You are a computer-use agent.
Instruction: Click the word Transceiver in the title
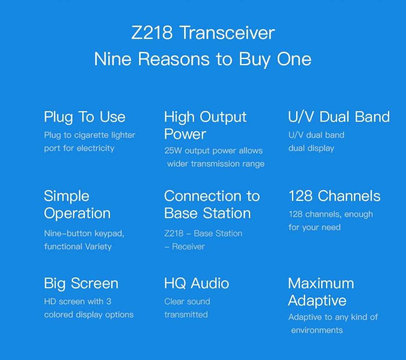[227, 33]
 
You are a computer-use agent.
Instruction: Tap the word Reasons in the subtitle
[174, 59]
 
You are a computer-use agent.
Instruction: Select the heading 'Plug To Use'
[84, 117]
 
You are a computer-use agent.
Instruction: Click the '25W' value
[173, 150]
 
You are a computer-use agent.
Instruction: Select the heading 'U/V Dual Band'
[339, 117]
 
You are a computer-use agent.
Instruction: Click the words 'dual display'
[311, 148]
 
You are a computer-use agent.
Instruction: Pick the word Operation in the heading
[78, 214]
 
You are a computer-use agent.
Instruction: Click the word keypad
[109, 234]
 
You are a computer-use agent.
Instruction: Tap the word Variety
[98, 247]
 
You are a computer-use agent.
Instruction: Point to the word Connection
[203, 196]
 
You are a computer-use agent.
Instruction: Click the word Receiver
[188, 247]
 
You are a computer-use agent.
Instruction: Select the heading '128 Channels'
[334, 196]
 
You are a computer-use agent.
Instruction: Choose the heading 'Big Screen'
[81, 283]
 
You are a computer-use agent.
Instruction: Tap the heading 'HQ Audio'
[197, 283]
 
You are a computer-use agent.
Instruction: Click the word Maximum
[321, 283]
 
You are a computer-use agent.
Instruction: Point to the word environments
[317, 330]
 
